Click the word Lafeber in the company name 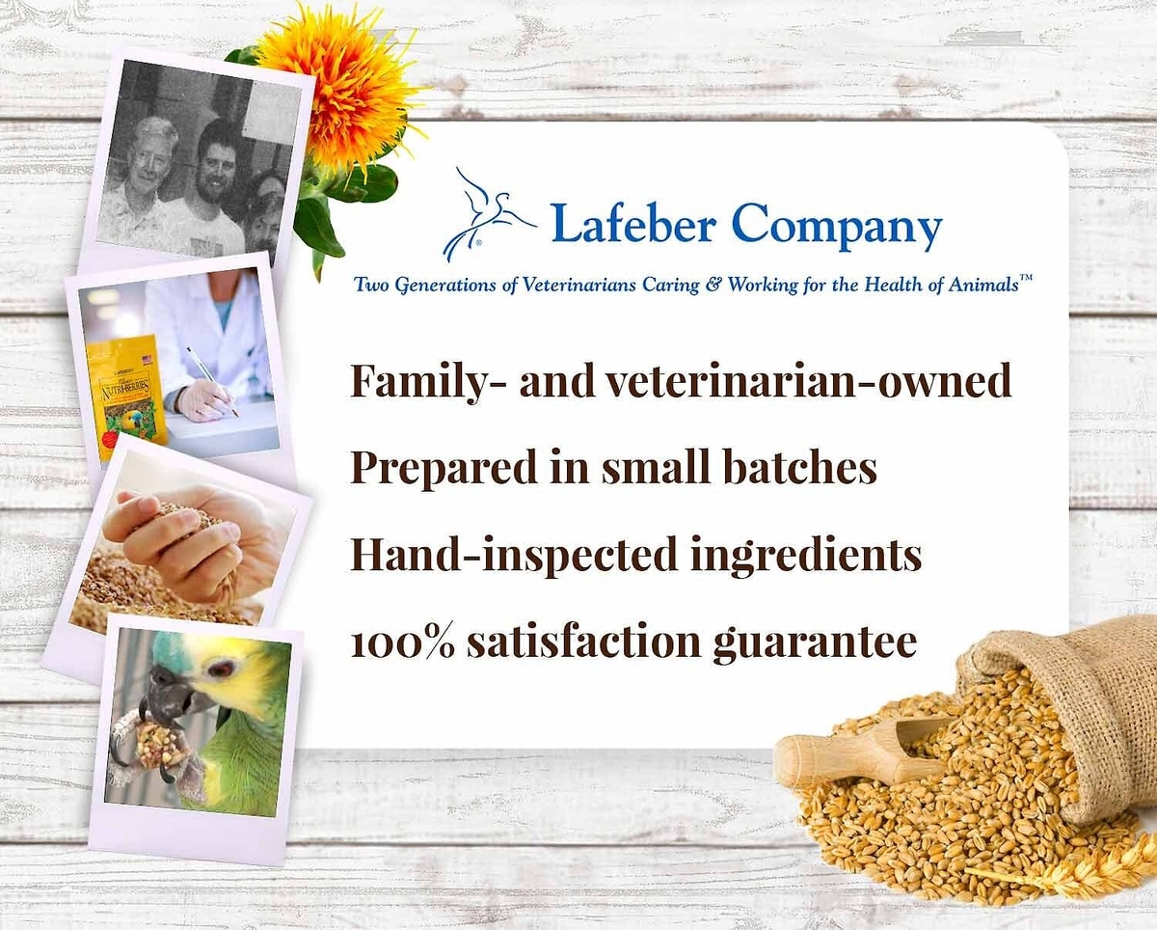[632, 223]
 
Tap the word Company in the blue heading [837, 226]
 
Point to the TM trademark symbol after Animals [1026, 278]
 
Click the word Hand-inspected [513, 555]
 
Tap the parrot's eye [219, 670]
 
